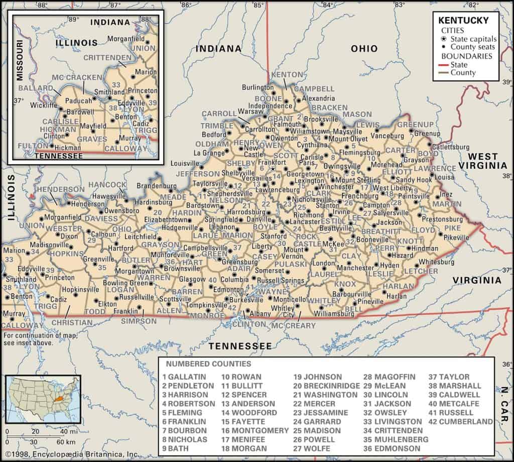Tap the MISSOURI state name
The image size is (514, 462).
click(20, 61)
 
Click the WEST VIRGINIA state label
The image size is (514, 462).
click(485, 161)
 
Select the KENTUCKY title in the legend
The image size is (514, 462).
click(463, 21)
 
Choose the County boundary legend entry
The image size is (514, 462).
click(463, 73)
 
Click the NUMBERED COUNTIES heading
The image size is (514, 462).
click(209, 364)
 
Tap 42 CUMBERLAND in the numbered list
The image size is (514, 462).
click(461, 421)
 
